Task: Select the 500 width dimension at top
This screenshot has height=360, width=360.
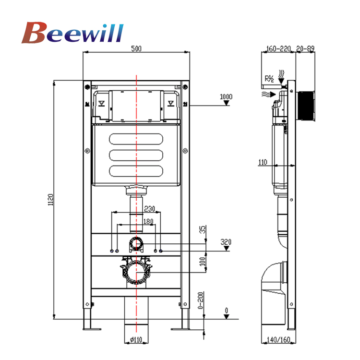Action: coord(137,48)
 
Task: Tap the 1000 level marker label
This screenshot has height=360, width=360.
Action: coord(226,97)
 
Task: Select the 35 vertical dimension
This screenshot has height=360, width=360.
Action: coord(203,229)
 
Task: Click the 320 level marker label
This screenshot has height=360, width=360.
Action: coord(226,241)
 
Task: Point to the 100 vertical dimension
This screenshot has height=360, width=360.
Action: coord(203,262)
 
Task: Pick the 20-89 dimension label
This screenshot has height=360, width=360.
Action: coord(306,48)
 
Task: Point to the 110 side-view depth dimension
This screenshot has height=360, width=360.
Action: coord(262,162)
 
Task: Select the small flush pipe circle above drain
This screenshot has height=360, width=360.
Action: coord(137,244)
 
